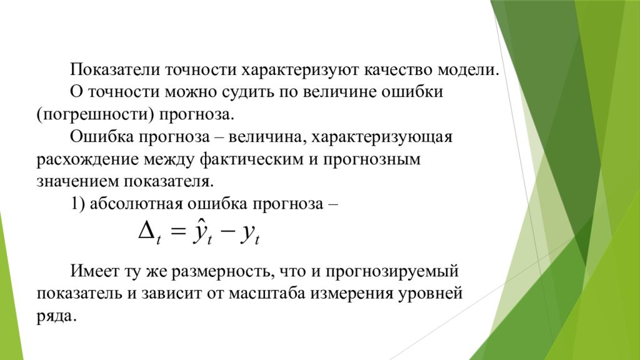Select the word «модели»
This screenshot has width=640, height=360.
click(x=469, y=69)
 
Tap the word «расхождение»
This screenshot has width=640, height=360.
click(x=87, y=159)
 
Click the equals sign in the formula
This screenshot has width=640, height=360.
click(x=177, y=233)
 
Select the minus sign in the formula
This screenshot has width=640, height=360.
click(x=228, y=233)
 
